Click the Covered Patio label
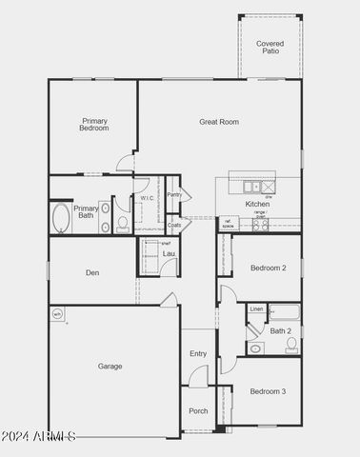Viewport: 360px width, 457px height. [x=270, y=47]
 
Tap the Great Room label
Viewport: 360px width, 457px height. [x=219, y=122]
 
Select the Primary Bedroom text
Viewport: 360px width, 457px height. [x=94, y=125]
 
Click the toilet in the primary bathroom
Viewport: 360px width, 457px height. [x=123, y=224]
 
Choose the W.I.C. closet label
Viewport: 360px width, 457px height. [x=147, y=198]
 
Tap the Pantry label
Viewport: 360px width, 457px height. [x=173, y=194]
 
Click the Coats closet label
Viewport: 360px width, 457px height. [x=173, y=226]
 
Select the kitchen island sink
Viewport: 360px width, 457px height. [x=251, y=187]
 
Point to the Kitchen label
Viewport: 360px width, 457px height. [x=257, y=204]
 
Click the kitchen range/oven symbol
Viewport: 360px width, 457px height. [x=259, y=225]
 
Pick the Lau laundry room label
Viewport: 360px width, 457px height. [x=168, y=253]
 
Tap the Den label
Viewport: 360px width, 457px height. [x=92, y=273]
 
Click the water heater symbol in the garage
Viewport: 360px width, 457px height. [x=56, y=313]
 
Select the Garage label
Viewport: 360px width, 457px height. [x=110, y=366]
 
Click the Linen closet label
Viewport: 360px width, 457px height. [x=256, y=309]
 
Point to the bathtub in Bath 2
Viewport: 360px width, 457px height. [x=284, y=312]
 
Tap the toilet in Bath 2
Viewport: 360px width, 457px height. [x=290, y=345]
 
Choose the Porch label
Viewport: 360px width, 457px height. [x=198, y=411]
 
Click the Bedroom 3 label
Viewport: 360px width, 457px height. [x=268, y=391]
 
